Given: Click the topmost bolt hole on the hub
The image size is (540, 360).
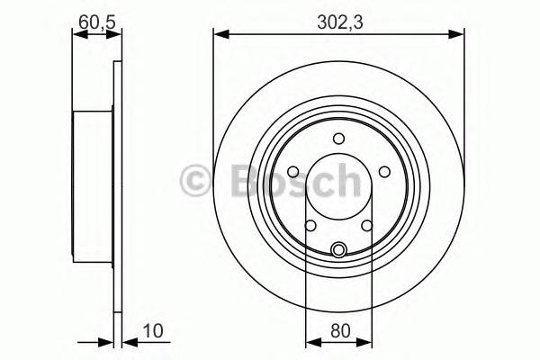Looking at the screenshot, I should pos(339,138).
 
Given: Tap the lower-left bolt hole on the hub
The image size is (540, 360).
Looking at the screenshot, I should pos(310,226).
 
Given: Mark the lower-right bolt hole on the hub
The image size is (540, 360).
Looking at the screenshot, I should pos(367,226).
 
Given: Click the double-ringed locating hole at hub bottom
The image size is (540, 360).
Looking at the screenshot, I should pos(339,250).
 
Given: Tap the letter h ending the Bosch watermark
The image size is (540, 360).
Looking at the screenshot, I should pos(345,180).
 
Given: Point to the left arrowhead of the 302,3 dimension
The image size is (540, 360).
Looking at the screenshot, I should pos(219,35).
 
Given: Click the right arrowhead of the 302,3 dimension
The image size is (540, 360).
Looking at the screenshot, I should pos(460,35).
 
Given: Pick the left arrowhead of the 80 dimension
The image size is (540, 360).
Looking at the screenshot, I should pos(311,342).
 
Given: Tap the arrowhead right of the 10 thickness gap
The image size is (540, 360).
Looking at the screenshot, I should pos(125,342).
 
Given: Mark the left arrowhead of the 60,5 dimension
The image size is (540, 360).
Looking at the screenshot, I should pos(76,35).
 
